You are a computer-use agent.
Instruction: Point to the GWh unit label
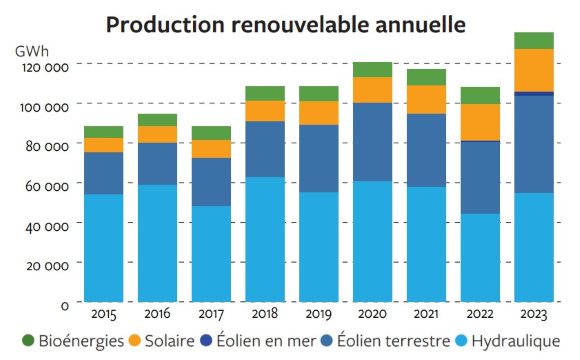pos(30,49)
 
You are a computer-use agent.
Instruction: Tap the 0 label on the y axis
pos(64,304)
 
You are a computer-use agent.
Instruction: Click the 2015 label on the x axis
pos(103,313)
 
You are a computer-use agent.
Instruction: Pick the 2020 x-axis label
pos(372,313)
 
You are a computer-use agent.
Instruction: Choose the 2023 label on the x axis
pos(534,313)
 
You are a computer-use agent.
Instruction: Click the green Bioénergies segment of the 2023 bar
pos(534,41)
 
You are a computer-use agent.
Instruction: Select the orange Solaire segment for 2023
pos(534,70)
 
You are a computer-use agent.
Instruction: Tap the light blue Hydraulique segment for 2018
pos(265,239)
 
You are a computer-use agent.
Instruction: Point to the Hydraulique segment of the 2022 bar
pos(480,257)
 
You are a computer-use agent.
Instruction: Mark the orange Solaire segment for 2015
pos(103,145)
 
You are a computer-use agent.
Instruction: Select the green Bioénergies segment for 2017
pos(211,133)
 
